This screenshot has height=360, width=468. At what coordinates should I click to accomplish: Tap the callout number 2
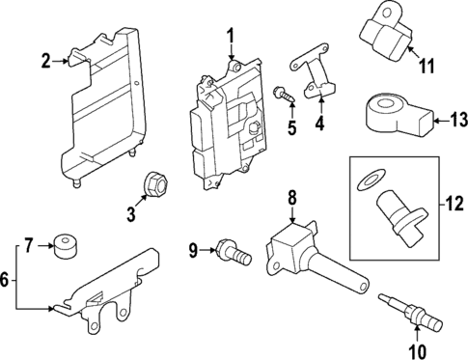[45, 62]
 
